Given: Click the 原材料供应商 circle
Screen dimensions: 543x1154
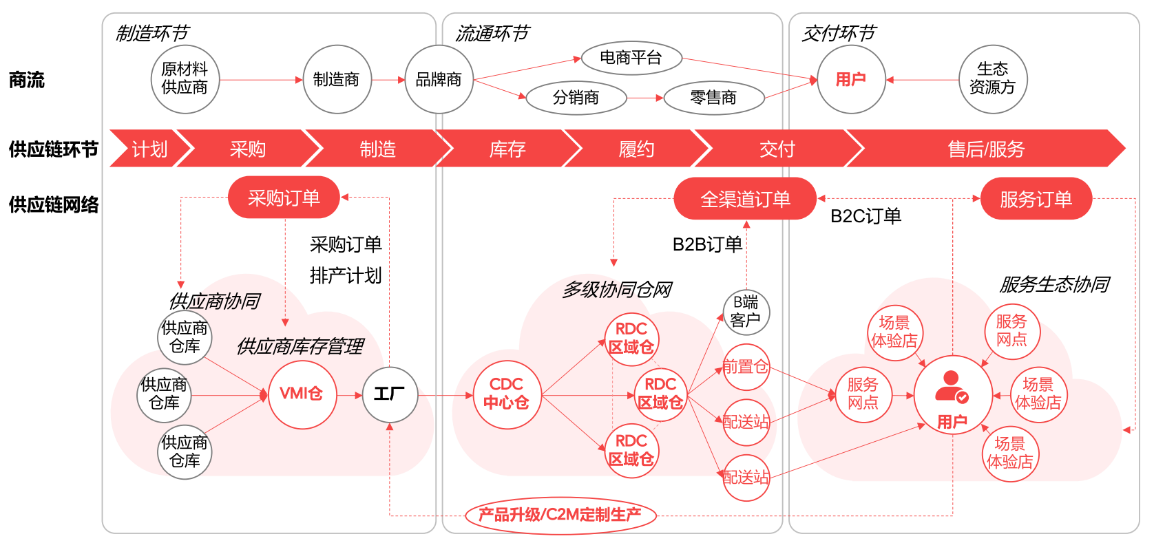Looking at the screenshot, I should pos(185,79).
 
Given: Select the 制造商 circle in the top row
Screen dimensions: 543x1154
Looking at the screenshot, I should pos(337,80).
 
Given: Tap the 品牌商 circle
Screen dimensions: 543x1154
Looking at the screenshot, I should pos(439,80).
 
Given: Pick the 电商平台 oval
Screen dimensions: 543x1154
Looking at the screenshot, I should pos(631,58).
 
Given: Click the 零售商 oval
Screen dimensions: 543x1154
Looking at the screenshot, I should pos(713,98).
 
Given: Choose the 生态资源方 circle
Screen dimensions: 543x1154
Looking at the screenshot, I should pos(992,78).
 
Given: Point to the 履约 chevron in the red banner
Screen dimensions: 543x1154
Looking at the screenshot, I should pos(636,149).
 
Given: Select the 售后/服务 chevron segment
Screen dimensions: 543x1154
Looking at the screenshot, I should pos(986,149).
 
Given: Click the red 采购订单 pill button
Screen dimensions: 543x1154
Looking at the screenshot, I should pos(284,198).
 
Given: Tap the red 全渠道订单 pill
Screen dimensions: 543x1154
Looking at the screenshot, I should pos(745,200).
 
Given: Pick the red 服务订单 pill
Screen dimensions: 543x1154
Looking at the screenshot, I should pos(1036,200).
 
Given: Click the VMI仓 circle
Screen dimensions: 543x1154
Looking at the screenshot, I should pos(302,394).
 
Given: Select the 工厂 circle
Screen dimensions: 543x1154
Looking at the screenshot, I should pos(390,394).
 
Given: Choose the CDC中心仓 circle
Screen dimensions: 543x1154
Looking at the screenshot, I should pos(507,394).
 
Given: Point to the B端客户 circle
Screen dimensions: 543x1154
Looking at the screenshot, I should pos(746,311).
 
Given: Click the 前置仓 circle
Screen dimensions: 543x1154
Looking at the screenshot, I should pos(746,367).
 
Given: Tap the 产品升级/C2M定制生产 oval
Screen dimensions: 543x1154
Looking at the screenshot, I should pos(560,515).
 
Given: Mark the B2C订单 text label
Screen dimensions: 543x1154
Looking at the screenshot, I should pos(865,216).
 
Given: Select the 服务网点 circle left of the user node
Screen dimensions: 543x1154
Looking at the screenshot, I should pos(863,394).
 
